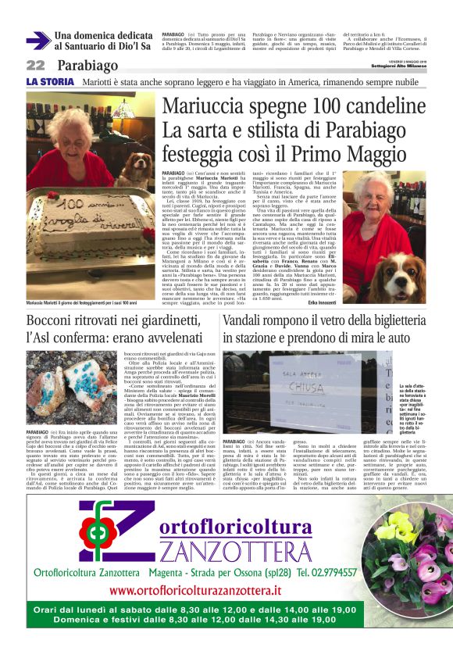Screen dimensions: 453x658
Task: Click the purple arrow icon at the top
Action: (37, 41)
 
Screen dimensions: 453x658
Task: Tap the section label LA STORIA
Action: (50, 81)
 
